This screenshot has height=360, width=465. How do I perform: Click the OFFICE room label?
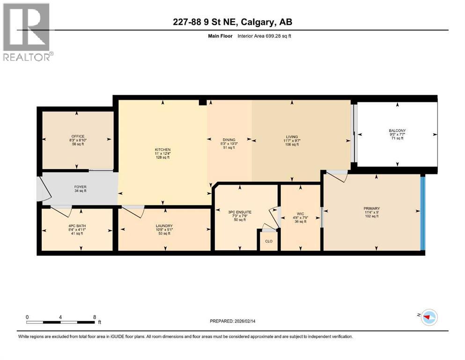(x=78, y=136)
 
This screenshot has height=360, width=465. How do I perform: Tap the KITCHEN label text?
(x=163, y=150)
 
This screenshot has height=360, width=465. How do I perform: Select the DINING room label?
(x=229, y=140)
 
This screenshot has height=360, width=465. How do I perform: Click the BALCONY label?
(x=397, y=131)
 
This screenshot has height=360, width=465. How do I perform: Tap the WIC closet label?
(x=300, y=214)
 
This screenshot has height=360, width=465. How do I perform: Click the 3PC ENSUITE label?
(x=240, y=212)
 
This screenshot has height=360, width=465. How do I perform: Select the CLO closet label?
(x=269, y=241)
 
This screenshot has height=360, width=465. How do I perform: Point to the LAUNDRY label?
(x=164, y=225)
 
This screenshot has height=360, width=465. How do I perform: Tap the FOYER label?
(x=81, y=187)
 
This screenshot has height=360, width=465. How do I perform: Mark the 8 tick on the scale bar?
(x=95, y=317)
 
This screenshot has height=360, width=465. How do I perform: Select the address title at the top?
(x=232, y=22)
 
